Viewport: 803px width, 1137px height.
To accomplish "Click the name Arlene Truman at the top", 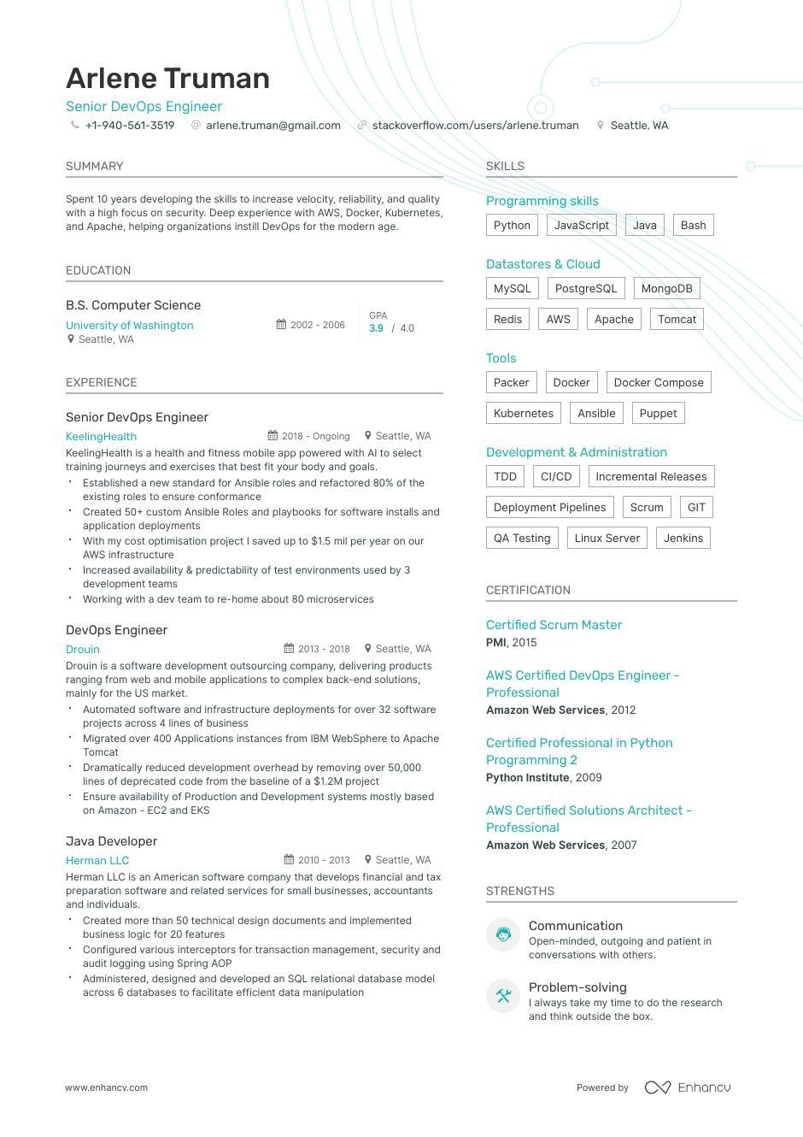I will pos(167,79).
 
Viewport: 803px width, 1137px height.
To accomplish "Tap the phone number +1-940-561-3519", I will pos(129,126).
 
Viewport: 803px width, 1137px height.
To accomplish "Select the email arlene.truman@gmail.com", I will pos(273,126).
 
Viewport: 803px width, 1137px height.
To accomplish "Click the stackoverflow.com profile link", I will pos(475,126).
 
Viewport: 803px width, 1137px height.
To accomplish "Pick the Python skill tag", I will pos(512,226).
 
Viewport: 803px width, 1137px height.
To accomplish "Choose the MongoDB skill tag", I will pos(666,289).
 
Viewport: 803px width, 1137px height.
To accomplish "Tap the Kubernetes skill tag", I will pos(523,414).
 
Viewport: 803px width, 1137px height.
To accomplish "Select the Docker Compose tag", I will pos(658,383).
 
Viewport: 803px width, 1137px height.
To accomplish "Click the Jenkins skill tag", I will pos(683,539).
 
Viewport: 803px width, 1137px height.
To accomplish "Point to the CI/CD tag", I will pos(556,477).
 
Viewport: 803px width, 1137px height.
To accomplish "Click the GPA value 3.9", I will pos(376,328).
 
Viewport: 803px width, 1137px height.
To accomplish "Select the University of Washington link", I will pos(129,326).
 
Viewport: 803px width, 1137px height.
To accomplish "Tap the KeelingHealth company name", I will pos(101,437).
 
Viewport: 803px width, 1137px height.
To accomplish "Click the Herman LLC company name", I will pos(97,861).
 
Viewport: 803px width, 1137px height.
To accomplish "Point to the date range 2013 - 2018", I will pos(323,649).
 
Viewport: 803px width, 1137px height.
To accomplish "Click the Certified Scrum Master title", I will pos(554,625).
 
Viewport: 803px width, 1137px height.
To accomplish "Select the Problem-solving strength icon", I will pos(503,996).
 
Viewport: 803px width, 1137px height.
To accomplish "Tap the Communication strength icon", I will pos(503,934).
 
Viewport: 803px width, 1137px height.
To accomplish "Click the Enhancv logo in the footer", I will pos(688,1087).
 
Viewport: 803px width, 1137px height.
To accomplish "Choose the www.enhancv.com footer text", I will pos(107,1088).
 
